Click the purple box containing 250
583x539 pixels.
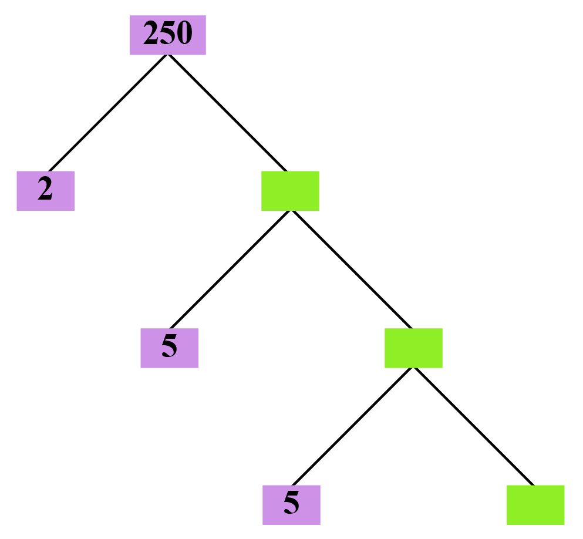167,35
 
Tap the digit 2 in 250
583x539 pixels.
151,34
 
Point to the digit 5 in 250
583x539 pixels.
168,34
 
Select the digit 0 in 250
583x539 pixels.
184,34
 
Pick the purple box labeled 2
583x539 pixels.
45,190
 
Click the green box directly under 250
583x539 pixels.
290,190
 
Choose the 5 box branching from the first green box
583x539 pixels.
169,348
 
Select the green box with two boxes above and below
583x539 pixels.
413,348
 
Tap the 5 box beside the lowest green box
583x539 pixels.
291,504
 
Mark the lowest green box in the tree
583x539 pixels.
535,504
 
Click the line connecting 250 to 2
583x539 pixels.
109,113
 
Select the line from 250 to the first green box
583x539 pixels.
227,113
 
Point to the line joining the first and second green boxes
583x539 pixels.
351,269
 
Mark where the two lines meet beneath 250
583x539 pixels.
169,55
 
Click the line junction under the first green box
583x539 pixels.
291,211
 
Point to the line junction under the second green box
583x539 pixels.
414,369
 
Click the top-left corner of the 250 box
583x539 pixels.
130,16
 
